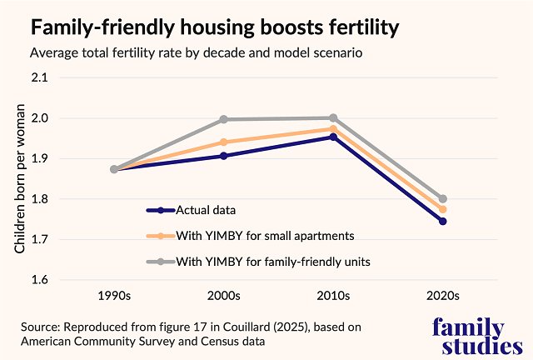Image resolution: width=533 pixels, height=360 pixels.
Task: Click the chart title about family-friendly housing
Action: coord(215,27)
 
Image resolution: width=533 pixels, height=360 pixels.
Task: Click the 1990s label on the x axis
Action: coord(114,295)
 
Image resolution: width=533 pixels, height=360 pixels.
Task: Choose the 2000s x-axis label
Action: coord(223,295)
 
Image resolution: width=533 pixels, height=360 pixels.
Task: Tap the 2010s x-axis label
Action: coord(333,295)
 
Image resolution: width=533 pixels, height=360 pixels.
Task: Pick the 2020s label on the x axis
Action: coord(442,295)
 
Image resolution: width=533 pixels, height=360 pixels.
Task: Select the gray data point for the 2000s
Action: coord(224,119)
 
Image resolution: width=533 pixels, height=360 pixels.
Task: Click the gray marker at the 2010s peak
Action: coord(333,118)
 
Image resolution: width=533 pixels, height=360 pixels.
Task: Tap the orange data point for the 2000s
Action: coord(224,142)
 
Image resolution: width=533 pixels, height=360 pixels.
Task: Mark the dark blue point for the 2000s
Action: coord(224,156)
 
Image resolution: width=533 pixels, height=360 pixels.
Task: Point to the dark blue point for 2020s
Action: coord(443,221)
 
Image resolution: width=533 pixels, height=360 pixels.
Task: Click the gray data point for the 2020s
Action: coord(443,199)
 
